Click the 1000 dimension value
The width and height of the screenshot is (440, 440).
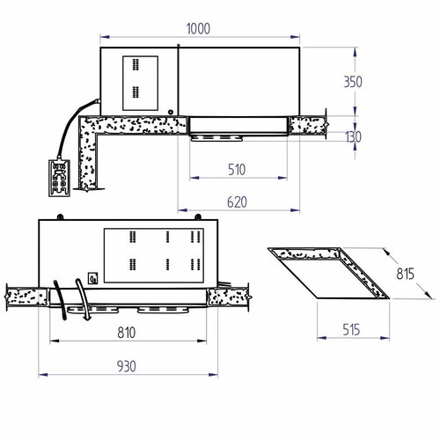[x=199, y=28]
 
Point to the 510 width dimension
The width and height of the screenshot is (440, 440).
[x=236, y=168]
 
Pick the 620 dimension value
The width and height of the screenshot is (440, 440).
[x=236, y=202]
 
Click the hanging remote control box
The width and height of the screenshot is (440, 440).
[x=59, y=178]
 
